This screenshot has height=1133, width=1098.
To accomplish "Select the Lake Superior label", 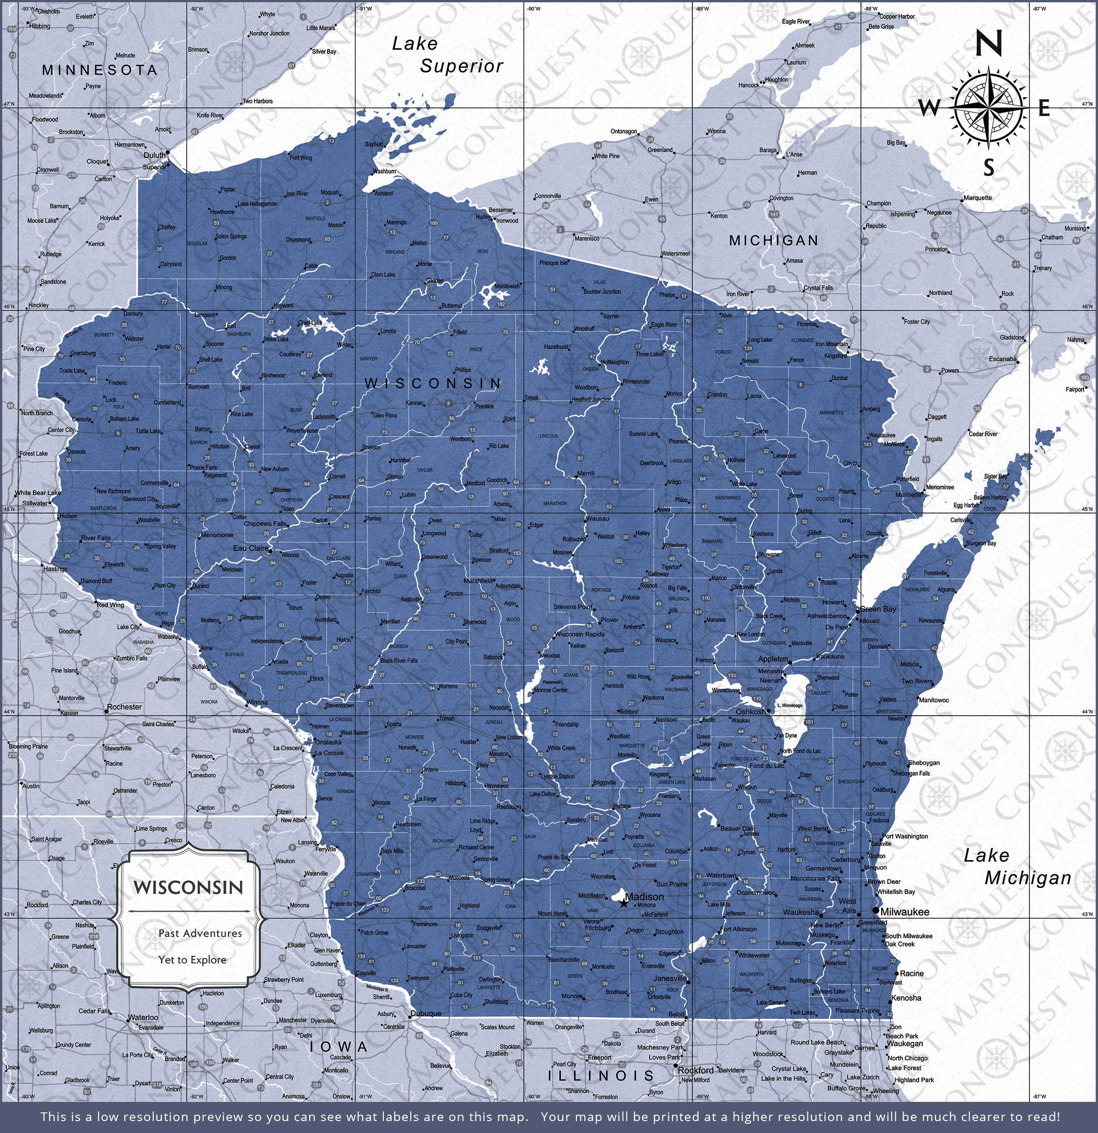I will click(x=447, y=55).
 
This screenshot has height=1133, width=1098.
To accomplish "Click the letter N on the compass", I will click(x=989, y=44).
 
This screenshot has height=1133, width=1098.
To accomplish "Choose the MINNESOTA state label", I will click(x=99, y=70).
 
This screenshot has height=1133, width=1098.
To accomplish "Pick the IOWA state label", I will click(x=338, y=1046).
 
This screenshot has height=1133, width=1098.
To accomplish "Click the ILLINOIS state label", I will click(x=601, y=1075).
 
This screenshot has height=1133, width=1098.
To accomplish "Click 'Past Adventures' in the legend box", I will click(x=200, y=933).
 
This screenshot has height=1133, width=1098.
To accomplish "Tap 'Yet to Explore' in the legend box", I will click(x=192, y=959).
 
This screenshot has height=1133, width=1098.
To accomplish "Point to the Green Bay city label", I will click(x=878, y=609).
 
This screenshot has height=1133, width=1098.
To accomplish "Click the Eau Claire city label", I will click(x=251, y=548).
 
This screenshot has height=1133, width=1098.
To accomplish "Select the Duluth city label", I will click(x=155, y=155).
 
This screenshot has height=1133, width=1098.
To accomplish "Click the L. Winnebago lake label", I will click(x=790, y=706).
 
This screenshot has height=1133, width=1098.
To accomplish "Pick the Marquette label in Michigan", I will click(x=977, y=198).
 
